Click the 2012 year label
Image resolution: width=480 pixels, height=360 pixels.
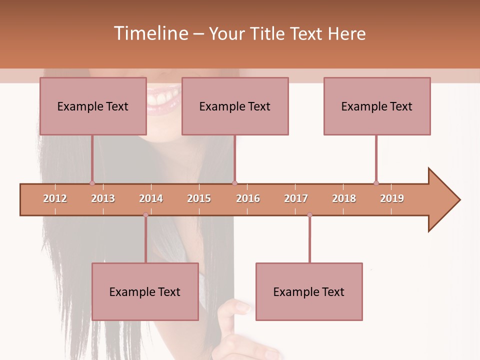(55, 198)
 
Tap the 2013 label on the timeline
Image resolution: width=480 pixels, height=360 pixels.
(103, 198)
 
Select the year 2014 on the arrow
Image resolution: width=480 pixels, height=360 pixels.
(151, 198)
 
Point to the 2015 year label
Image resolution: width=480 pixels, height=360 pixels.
(199, 198)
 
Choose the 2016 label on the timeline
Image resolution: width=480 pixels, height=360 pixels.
(248, 198)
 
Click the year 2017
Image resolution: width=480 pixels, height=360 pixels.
(296, 198)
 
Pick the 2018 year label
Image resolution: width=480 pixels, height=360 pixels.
(344, 198)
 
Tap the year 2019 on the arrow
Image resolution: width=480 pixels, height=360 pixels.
(392, 198)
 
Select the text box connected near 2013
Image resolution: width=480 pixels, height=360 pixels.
(93, 106)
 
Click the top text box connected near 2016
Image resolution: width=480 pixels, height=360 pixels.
(235, 106)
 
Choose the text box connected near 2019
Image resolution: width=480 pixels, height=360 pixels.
(377, 106)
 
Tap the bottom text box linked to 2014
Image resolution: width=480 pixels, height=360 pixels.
(145, 291)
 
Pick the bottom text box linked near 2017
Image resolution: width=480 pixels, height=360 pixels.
(309, 291)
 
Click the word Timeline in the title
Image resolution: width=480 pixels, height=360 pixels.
(149, 33)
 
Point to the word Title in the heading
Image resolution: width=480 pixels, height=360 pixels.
(269, 33)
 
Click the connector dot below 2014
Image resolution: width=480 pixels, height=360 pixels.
(145, 215)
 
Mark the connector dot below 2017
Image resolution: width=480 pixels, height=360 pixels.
(309, 215)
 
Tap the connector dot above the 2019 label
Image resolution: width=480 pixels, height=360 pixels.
(376, 183)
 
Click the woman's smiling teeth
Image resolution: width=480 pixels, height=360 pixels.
(163, 97)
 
